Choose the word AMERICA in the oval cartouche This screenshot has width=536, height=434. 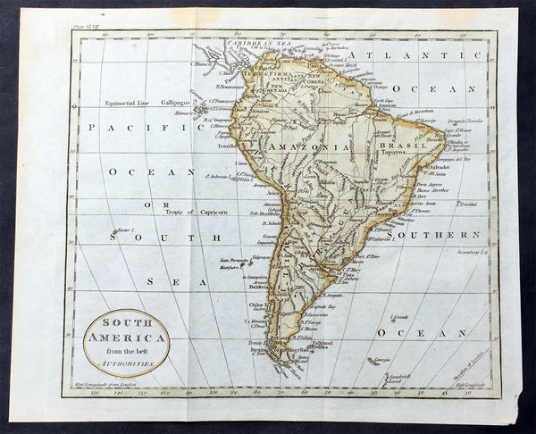[x=126, y=338]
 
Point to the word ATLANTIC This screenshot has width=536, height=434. [x=388, y=55]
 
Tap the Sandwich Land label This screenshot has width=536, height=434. [x=398, y=378]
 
